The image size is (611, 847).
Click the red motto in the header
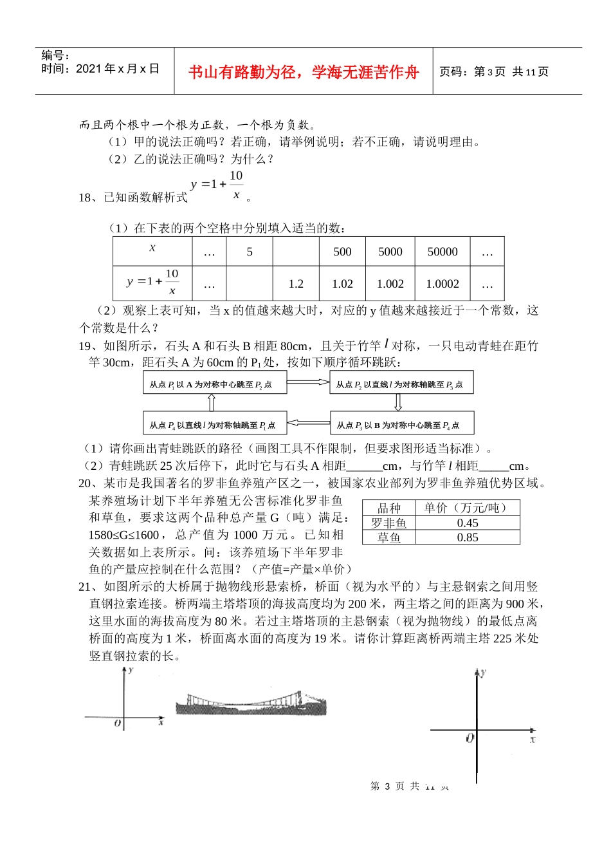[x=303, y=72]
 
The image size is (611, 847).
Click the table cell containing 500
[x=342, y=252]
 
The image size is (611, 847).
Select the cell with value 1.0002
[x=442, y=283]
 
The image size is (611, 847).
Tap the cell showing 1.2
[x=296, y=283]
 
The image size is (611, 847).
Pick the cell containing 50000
[x=442, y=252]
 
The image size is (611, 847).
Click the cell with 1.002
[x=390, y=283]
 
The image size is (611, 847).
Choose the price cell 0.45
[x=468, y=523]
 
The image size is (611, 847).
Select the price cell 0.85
[x=468, y=537]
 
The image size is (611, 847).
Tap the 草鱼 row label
[x=388, y=537]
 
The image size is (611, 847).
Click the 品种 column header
[x=388, y=508]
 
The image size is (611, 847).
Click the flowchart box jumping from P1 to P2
[x=215, y=384]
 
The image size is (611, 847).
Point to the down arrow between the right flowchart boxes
[x=398, y=403]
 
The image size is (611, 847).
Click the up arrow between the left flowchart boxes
[x=211, y=403]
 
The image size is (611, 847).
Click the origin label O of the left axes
[x=118, y=723]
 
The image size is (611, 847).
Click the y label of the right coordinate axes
[x=483, y=672]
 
